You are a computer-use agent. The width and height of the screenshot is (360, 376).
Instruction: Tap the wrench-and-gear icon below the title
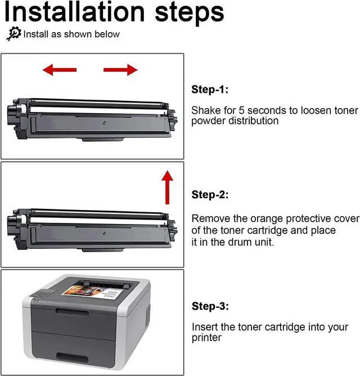[13, 34]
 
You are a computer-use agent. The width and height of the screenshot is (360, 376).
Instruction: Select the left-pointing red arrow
[56, 69]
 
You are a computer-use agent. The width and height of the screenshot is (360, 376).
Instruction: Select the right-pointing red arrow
[120, 69]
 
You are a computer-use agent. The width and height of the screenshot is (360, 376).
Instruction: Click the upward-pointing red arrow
[167, 187]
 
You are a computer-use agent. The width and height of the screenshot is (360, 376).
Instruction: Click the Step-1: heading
[210, 89]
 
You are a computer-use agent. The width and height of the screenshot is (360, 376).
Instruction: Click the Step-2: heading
[210, 194]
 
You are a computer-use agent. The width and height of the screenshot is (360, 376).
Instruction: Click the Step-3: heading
[210, 306]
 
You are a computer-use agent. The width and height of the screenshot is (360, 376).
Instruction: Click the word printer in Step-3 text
[206, 338]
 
